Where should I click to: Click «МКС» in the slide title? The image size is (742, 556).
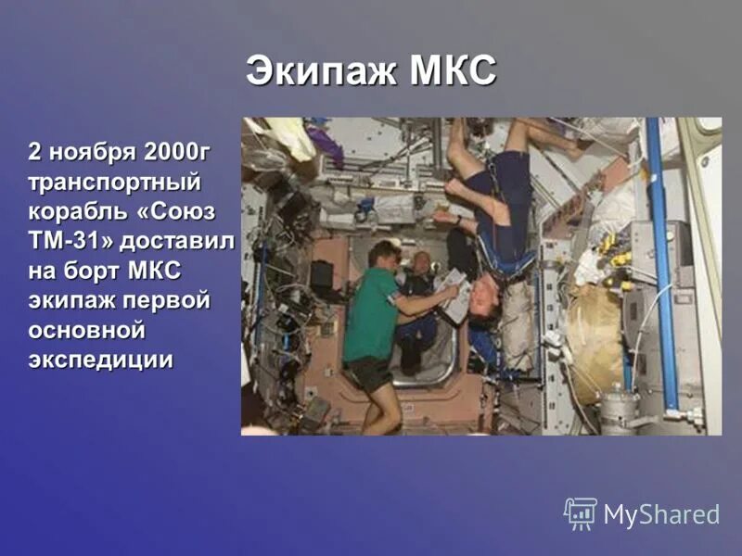452,71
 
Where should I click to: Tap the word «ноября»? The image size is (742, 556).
90,151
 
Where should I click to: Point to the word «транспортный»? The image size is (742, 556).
114,181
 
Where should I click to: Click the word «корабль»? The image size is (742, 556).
77,210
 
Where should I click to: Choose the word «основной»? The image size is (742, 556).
87,330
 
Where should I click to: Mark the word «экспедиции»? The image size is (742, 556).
100,360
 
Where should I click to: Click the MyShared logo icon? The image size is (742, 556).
580,513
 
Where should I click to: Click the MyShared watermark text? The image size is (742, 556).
661,515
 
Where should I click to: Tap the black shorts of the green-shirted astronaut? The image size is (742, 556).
369,375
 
